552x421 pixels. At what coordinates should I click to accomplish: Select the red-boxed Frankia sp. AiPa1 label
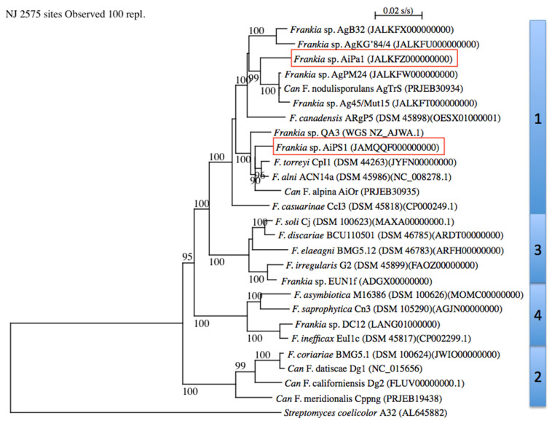tap(374, 59)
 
